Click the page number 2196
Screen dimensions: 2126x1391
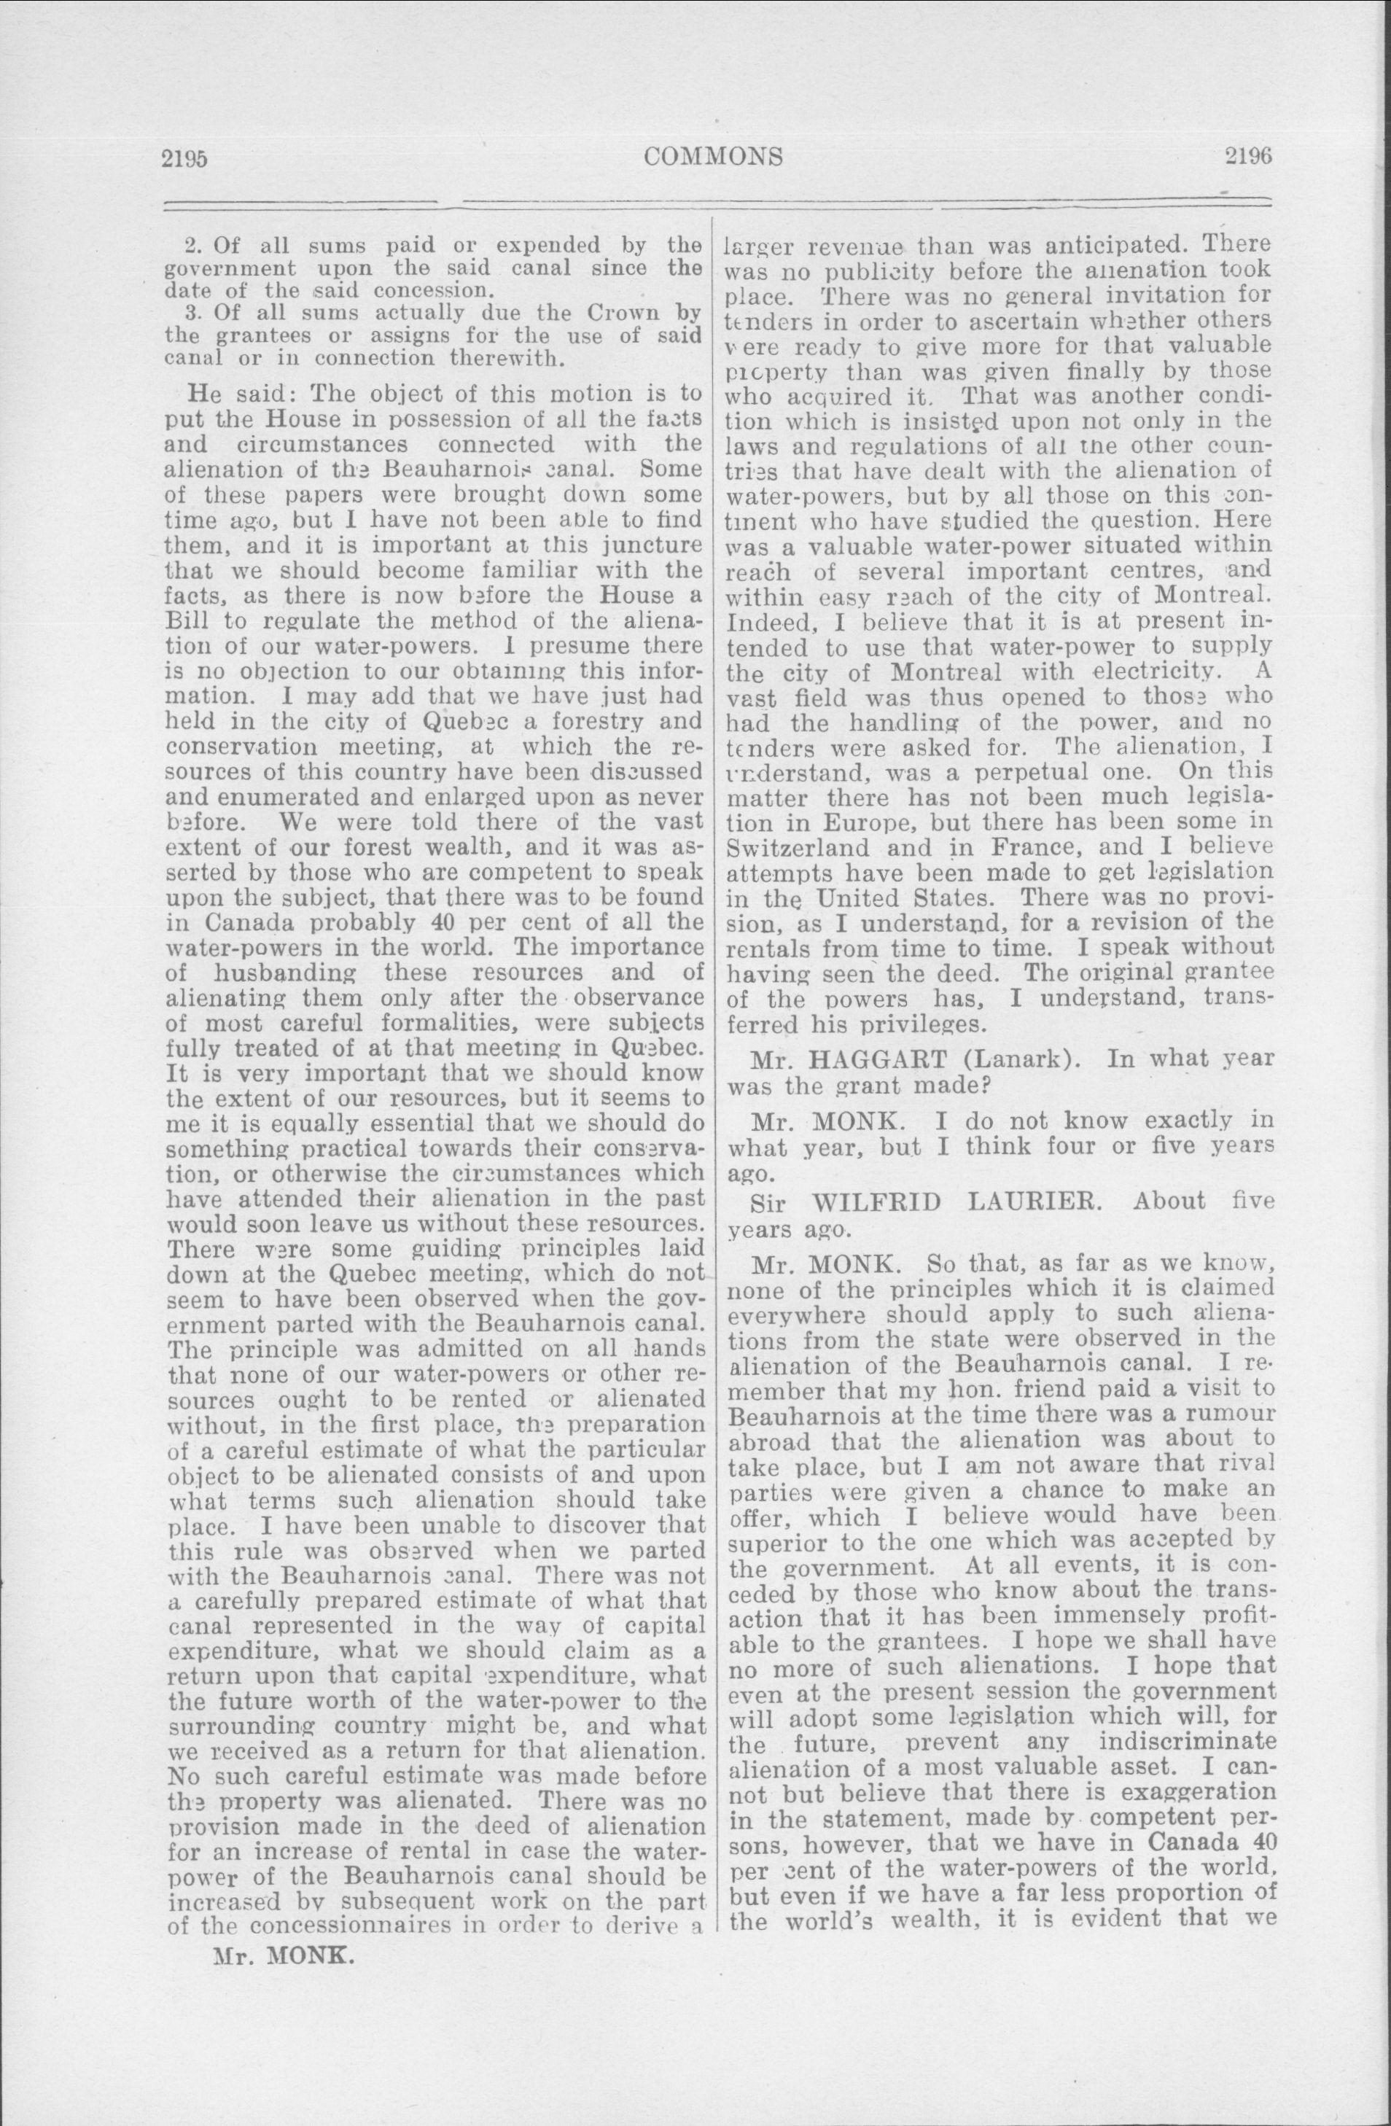pos(1247,156)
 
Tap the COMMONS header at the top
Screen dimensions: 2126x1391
pos(713,157)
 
